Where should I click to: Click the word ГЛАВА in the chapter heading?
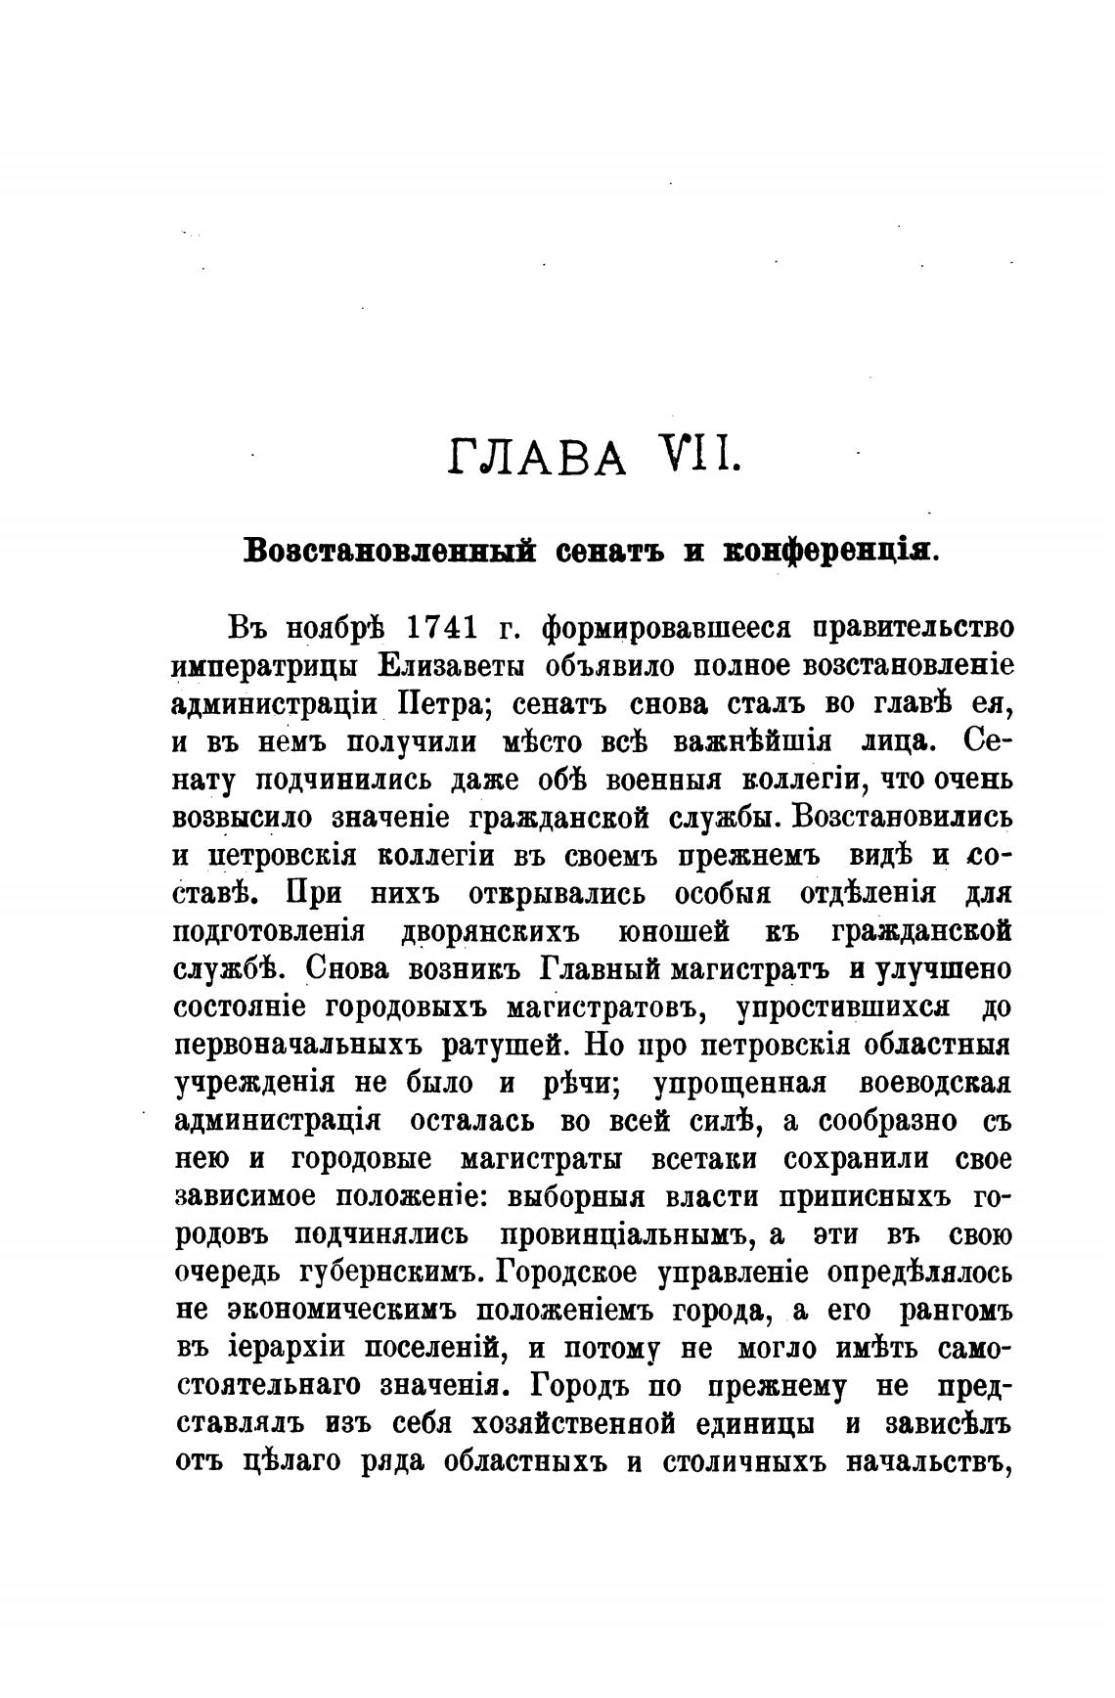(537, 457)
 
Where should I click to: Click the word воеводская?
(934, 1082)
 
